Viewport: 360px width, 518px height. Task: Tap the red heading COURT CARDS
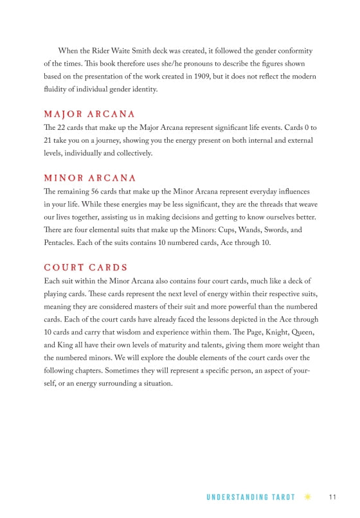[85, 267]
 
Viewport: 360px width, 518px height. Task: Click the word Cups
[230, 229]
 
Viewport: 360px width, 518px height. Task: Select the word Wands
[257, 229]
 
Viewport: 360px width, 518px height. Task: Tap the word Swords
[289, 229]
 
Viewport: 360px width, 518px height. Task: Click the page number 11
[332, 497]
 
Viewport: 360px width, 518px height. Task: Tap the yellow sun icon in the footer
[308, 497]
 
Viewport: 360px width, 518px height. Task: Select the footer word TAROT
[283, 497]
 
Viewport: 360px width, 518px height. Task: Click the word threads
[267, 204]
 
